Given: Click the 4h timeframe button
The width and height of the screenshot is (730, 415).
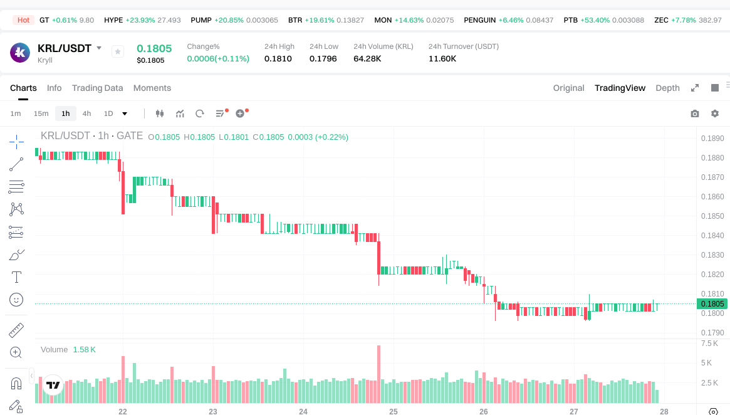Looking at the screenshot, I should (x=86, y=113).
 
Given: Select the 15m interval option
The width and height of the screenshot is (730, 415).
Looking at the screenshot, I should (x=41, y=113).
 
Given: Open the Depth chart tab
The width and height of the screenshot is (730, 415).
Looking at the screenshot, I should (x=667, y=88).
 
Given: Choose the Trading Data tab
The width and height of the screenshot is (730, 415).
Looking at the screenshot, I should (x=97, y=88).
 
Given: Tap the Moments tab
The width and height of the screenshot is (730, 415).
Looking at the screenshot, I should (x=152, y=88).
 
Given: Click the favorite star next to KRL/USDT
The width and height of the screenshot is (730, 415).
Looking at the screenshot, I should (x=118, y=51).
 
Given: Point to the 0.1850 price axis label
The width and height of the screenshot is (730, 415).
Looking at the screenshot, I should (x=712, y=216).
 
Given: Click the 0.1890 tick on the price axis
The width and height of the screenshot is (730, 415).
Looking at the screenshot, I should (x=712, y=139).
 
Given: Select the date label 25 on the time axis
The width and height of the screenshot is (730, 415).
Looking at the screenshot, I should (x=394, y=412).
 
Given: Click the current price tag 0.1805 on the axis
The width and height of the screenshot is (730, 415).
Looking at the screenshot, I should (x=712, y=304).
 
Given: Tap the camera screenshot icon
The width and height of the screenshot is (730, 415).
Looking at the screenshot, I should (x=695, y=113).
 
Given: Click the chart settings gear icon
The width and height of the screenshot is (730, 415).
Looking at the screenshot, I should (x=715, y=113).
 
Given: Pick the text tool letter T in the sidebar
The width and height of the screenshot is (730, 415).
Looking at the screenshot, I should (x=16, y=277).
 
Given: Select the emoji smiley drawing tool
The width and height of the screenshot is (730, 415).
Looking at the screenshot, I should (x=16, y=300).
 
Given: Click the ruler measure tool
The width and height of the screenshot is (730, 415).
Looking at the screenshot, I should (x=16, y=330).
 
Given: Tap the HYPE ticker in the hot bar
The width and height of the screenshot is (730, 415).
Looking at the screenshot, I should (x=113, y=20).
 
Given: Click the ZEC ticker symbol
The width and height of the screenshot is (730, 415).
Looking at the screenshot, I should (x=661, y=20).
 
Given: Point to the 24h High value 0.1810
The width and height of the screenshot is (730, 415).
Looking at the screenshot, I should (x=278, y=58).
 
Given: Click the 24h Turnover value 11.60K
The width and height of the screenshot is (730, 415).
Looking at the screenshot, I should (x=442, y=58).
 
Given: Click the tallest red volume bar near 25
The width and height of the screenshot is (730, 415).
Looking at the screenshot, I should (x=378, y=374).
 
